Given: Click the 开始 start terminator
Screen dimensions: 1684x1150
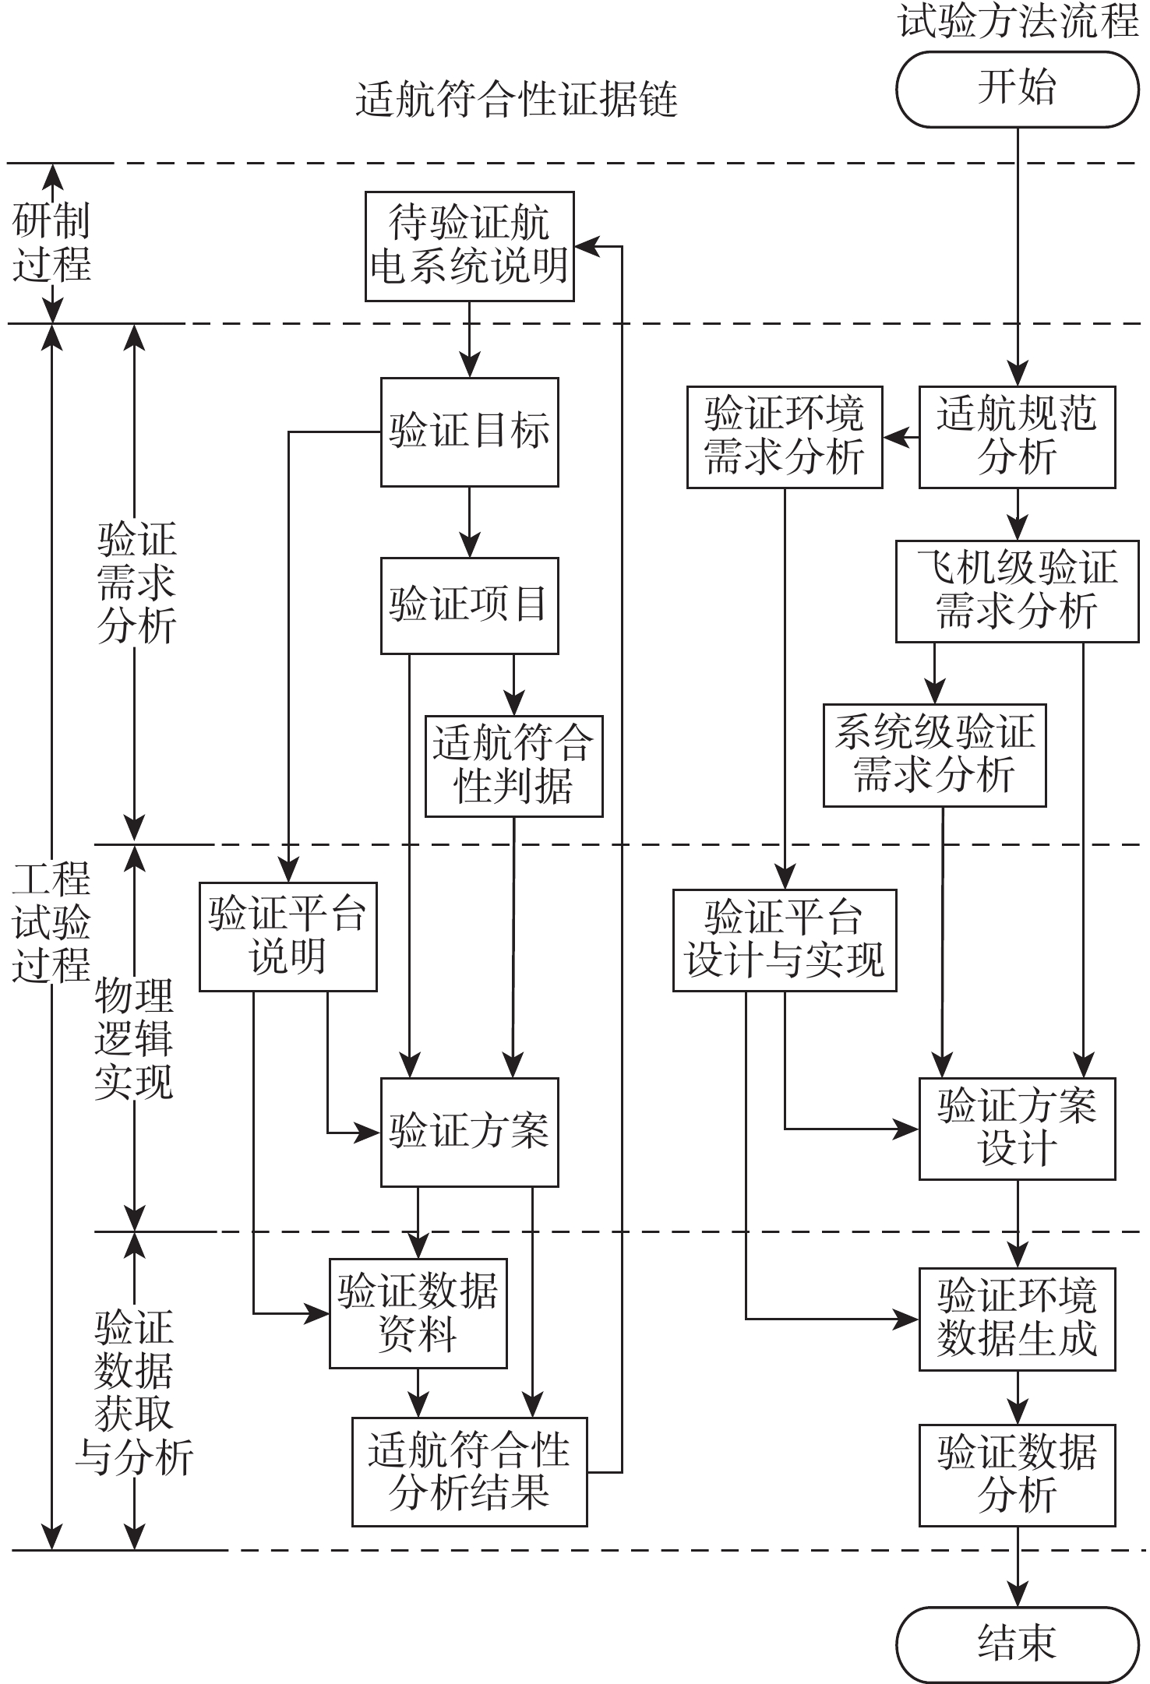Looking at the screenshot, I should click(1017, 89).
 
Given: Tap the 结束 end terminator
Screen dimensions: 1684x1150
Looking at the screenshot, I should click(1017, 1642).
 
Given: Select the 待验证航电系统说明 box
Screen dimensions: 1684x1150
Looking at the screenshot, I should click(470, 246).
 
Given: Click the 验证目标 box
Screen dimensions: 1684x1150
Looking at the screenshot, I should click(470, 432).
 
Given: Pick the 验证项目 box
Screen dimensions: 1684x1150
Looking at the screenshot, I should click(470, 605).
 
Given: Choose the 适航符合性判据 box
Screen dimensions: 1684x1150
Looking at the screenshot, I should click(513, 766).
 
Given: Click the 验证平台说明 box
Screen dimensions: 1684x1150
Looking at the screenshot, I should click(287, 936).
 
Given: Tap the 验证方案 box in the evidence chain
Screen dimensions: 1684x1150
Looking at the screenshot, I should click(470, 1132).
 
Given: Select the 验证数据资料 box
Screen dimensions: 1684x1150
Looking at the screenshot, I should click(418, 1313).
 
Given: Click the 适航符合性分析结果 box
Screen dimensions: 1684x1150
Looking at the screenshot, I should click(469, 1471).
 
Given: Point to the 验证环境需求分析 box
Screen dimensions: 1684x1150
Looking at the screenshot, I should click(785, 437).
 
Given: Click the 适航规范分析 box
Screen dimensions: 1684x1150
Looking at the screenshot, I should click(1017, 437).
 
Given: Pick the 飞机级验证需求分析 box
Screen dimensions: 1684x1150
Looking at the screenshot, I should click(1017, 591).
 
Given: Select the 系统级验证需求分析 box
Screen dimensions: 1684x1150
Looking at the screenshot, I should click(935, 755).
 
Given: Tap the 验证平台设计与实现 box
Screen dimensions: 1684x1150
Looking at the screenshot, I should click(785, 940).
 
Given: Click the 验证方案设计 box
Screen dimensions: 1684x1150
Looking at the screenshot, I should click(1017, 1129).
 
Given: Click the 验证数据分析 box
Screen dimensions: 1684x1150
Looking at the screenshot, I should click(1017, 1474).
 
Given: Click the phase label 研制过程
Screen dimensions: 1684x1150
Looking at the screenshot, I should click(51, 242).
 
